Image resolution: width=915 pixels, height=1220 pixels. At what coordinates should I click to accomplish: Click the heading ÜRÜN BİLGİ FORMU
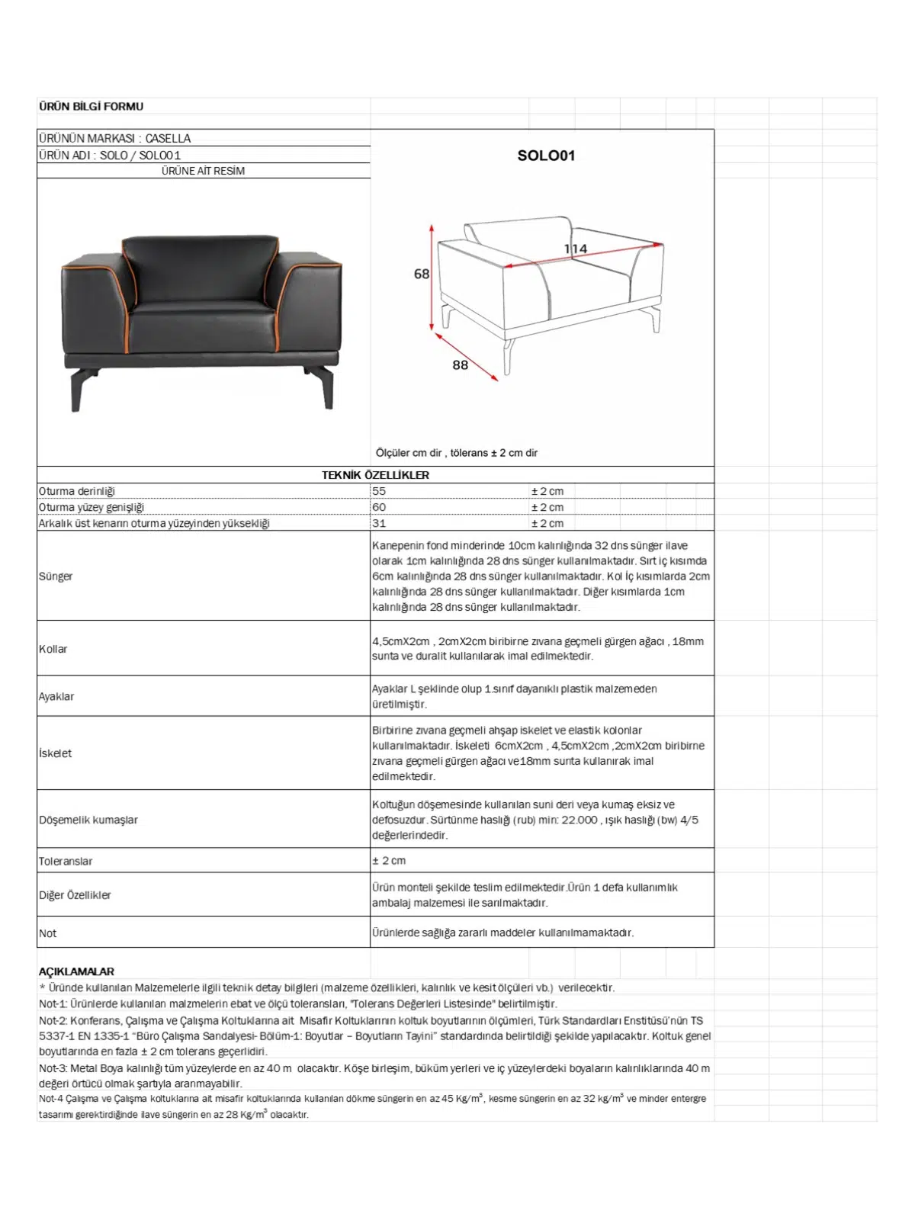pos(91,106)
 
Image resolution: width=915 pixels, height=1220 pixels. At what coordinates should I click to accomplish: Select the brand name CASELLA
pos(168,138)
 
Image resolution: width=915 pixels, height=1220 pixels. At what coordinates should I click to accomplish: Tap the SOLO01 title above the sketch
pos(546,156)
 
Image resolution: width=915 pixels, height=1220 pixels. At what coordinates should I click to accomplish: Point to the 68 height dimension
pos(422,274)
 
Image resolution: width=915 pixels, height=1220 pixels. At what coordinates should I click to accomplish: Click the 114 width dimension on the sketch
pos(576,249)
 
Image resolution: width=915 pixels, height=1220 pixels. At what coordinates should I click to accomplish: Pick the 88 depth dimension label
pos(460,364)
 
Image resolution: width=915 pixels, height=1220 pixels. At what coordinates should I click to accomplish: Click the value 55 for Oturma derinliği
pos(379,491)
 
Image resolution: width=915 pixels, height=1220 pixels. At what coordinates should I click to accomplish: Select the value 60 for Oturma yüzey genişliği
pos(379,507)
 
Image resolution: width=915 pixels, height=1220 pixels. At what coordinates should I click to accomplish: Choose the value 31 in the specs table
pos(379,523)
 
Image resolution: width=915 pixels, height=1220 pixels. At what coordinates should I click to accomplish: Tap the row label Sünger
pos(56,576)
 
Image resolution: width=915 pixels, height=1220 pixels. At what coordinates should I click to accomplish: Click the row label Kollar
pos(53,649)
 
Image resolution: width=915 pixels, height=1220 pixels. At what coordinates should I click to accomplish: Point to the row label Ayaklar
pos(56,696)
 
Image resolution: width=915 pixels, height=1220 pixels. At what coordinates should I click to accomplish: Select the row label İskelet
pos(56,753)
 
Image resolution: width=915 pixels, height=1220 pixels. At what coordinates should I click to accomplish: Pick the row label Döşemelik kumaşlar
pos(88,820)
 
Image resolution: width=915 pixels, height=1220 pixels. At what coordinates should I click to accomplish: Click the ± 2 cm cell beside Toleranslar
pos(389,860)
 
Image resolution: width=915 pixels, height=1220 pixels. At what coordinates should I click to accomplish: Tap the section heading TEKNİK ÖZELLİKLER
pos(375,475)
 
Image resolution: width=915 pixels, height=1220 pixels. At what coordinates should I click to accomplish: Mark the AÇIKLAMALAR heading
pos(76,971)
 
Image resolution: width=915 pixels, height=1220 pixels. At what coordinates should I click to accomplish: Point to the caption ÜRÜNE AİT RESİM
pos(203,171)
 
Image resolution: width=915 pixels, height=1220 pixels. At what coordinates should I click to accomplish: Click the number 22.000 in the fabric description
pos(579,820)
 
